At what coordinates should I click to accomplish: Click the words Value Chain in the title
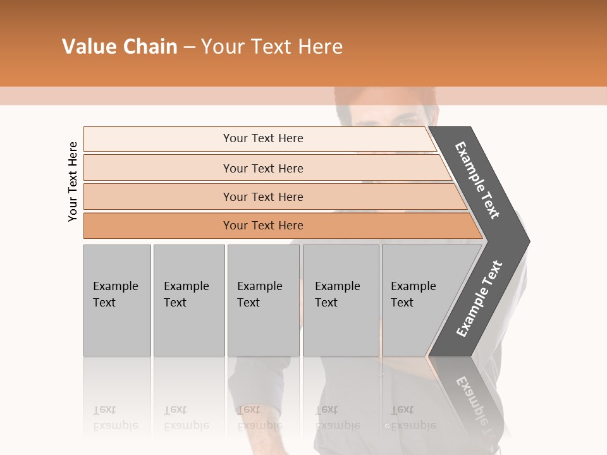[x=120, y=47]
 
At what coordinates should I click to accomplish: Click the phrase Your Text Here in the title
[x=272, y=47]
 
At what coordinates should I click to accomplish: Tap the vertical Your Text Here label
[x=73, y=182]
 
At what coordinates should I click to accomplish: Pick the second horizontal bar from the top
[x=263, y=168]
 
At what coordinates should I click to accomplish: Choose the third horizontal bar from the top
[x=263, y=197]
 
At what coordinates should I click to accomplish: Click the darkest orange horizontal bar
[x=263, y=226]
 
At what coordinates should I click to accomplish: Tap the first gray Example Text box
[x=117, y=300]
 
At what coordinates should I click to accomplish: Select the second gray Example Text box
[x=188, y=300]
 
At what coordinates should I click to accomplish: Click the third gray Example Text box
[x=262, y=300]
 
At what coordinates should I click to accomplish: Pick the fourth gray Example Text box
[x=340, y=300]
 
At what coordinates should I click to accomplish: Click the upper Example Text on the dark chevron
[x=477, y=180]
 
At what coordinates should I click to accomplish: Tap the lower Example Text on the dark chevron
[x=479, y=298]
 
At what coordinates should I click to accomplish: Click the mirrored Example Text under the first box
[x=115, y=418]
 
